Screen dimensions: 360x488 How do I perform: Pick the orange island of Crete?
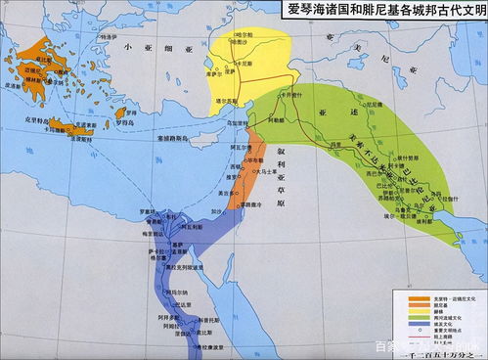72,126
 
